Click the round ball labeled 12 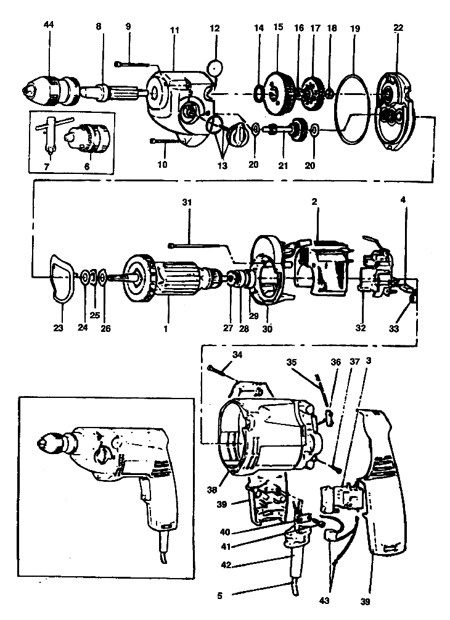[216, 67]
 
